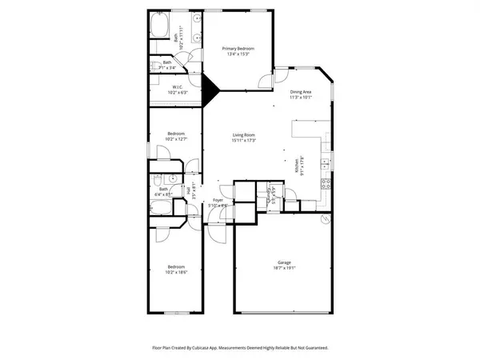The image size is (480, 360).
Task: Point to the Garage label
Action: [284, 262]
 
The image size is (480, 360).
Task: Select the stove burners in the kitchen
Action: [326, 182]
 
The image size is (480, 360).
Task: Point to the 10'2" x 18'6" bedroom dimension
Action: [176, 272]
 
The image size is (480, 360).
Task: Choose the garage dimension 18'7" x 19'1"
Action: [284, 267]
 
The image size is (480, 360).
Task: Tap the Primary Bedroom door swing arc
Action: [263, 78]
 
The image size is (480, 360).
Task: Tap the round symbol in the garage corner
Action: [326, 218]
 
